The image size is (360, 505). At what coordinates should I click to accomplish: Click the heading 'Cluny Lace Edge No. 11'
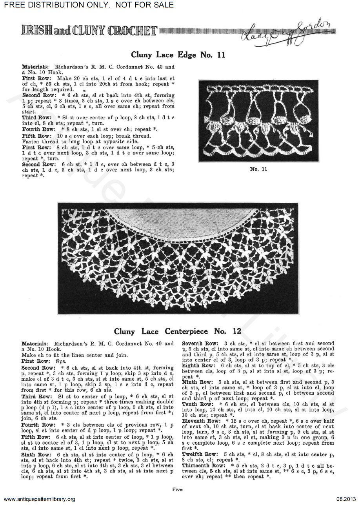[178, 55]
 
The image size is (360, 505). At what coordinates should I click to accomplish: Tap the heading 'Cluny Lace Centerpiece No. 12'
[178, 331]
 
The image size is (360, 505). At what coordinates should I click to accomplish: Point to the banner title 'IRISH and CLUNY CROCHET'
[83, 31]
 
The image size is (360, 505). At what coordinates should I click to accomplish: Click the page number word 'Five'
[176, 489]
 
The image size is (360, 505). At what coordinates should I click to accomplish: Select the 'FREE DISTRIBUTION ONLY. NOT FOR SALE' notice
[87, 5]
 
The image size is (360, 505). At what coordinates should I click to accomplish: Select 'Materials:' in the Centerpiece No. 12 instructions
[35, 343]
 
